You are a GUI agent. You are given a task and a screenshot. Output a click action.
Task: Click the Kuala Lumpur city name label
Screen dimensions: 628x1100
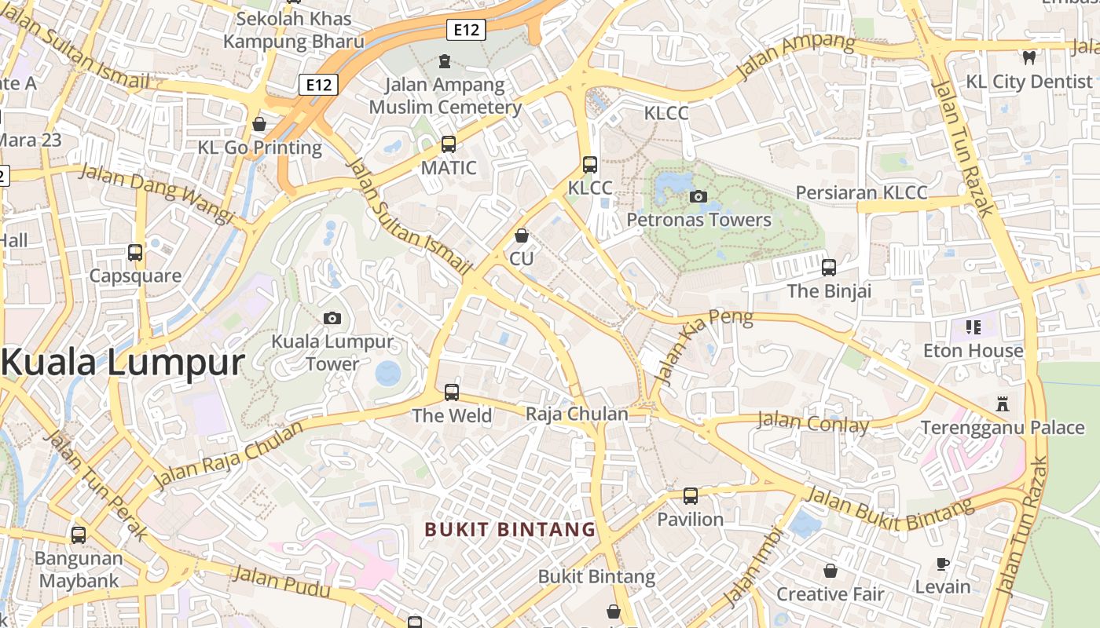123,363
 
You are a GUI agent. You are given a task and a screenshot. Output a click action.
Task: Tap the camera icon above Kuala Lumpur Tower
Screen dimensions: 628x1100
332,318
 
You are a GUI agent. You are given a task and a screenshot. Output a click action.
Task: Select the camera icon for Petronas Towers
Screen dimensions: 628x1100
698,196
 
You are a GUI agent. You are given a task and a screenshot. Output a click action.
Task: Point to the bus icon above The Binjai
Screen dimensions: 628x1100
829,268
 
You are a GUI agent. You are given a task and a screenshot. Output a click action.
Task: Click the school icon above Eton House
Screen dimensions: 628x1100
973,327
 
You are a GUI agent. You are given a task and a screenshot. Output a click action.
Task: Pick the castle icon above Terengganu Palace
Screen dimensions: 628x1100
1002,404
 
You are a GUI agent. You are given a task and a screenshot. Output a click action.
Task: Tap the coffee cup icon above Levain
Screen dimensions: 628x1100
943,564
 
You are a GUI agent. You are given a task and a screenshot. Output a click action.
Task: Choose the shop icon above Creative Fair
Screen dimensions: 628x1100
830,571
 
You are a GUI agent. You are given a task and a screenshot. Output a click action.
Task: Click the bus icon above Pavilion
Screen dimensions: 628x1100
690,495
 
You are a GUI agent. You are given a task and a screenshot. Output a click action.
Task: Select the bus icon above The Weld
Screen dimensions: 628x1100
452,392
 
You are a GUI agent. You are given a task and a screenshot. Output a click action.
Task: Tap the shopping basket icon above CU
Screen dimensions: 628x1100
521,235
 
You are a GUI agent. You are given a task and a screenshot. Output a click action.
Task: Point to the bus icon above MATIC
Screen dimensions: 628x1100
449,144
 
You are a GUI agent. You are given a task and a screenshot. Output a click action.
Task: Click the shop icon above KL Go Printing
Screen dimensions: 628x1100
259,124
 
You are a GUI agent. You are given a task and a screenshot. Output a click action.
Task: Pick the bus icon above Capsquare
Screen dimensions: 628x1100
135,253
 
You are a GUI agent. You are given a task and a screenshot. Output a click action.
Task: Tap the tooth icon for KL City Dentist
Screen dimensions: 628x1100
1028,57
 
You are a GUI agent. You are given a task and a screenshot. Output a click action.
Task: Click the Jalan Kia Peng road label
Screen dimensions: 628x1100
703,347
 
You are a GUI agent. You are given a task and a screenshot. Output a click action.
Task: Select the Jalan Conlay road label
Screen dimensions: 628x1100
812,423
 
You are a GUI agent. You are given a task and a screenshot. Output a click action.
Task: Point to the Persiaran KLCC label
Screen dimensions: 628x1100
861,192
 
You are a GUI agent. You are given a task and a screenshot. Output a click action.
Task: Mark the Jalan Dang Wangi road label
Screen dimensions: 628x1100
156,192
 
